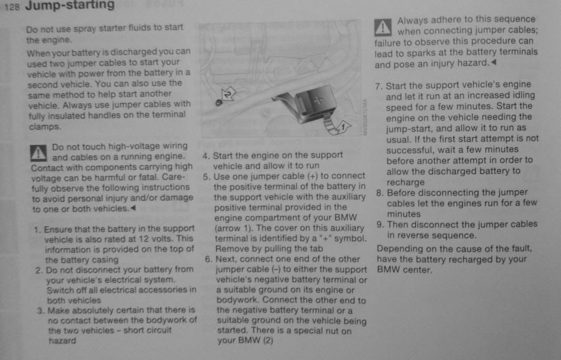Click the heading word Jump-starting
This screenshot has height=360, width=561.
point(70,6)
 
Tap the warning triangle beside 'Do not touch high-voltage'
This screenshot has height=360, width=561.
point(39,152)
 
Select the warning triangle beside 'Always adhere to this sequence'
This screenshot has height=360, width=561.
point(383,26)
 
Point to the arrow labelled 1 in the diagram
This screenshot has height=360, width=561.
point(336,127)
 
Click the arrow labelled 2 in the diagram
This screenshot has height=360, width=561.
point(226,95)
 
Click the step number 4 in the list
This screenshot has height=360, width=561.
point(206,156)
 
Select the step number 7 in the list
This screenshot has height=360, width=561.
point(379,86)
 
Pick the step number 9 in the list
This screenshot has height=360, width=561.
point(380,225)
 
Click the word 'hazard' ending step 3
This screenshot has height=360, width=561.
point(62,340)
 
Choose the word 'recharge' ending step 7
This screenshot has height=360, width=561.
point(405,182)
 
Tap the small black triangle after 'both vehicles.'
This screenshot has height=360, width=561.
point(133,209)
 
